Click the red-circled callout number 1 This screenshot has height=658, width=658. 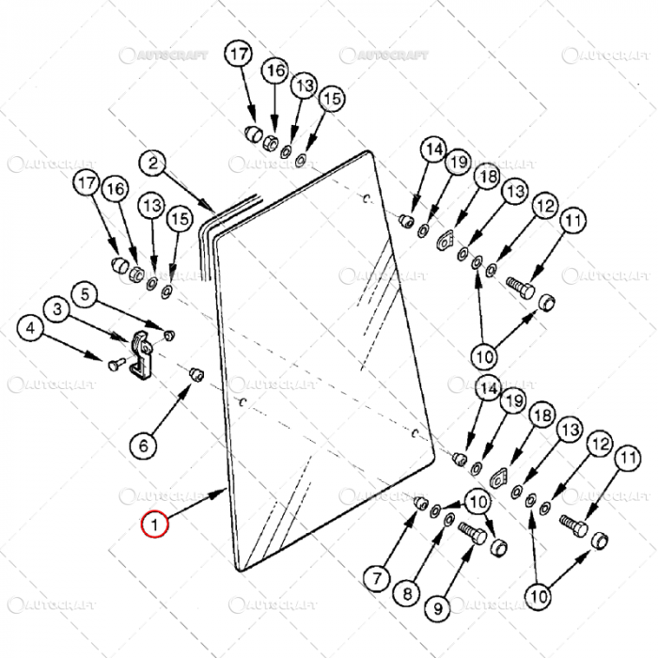153,523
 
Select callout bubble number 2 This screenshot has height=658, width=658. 153,164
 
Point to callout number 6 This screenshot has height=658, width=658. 144,444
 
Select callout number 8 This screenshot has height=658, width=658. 406,593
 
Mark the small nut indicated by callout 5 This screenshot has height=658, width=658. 169,335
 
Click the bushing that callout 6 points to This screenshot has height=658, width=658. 197,375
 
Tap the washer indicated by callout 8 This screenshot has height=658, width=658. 445,518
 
